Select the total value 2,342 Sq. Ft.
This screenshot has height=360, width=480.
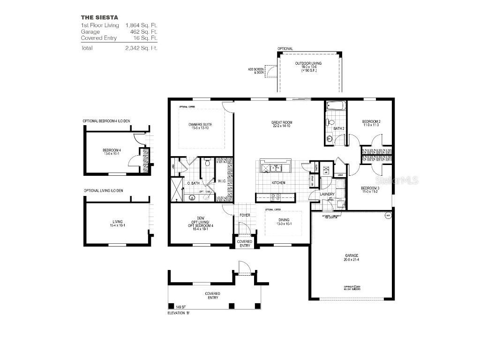pos(141,48)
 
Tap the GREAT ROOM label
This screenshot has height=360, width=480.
pos(281,123)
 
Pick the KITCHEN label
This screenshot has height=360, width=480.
pos(278,183)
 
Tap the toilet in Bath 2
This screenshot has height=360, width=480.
pos(327,123)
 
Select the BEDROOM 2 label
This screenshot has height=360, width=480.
pos(371,122)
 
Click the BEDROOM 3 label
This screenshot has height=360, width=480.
pos(370,188)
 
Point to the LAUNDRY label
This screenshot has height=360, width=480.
pos(327,194)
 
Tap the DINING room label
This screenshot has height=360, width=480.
pos(284,219)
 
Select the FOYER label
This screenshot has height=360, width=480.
pos(245,216)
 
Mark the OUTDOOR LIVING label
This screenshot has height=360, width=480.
pos(308,63)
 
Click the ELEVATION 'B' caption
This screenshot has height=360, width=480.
pos(179,313)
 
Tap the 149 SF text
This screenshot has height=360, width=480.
pos(181,307)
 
